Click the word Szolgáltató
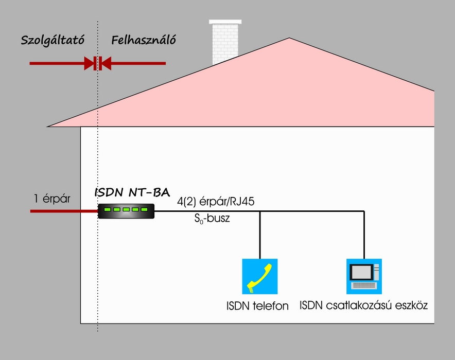[52, 40]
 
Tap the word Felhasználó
[144, 40]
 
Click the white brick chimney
[225, 42]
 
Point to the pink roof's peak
[289, 38]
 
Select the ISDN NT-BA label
[132, 192]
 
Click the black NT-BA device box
[126, 211]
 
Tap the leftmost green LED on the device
[108, 209]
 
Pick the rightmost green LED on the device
[144, 209]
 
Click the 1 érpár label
[52, 199]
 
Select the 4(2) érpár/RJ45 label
[216, 202]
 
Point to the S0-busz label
[212, 218]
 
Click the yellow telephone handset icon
[260, 277]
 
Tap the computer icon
[364, 277]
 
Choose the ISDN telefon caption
[257, 306]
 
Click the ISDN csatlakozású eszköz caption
[363, 305]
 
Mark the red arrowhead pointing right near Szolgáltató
[89, 63]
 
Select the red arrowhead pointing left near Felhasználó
[106, 63]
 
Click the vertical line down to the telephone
[260, 235]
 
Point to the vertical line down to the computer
[364, 235]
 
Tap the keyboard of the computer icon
[364, 285]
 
